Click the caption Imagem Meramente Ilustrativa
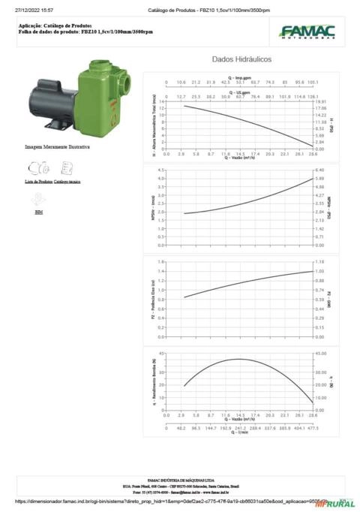(57, 147)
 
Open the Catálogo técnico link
(67, 182)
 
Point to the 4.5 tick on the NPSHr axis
(160, 171)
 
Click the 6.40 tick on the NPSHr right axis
(319, 171)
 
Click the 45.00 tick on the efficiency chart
(320, 353)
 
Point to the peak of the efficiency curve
(237, 359)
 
